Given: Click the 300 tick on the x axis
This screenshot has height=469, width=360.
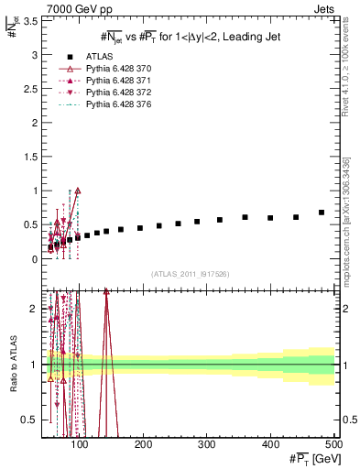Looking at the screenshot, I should pyautogui.click(x=206, y=447).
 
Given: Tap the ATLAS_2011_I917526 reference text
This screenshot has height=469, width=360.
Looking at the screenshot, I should pyautogui.click(x=190, y=274).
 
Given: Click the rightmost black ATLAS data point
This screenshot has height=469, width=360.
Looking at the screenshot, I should pyautogui.click(x=322, y=213).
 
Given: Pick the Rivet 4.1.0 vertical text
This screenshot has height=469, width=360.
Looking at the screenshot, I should pyautogui.click(x=347, y=69).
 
